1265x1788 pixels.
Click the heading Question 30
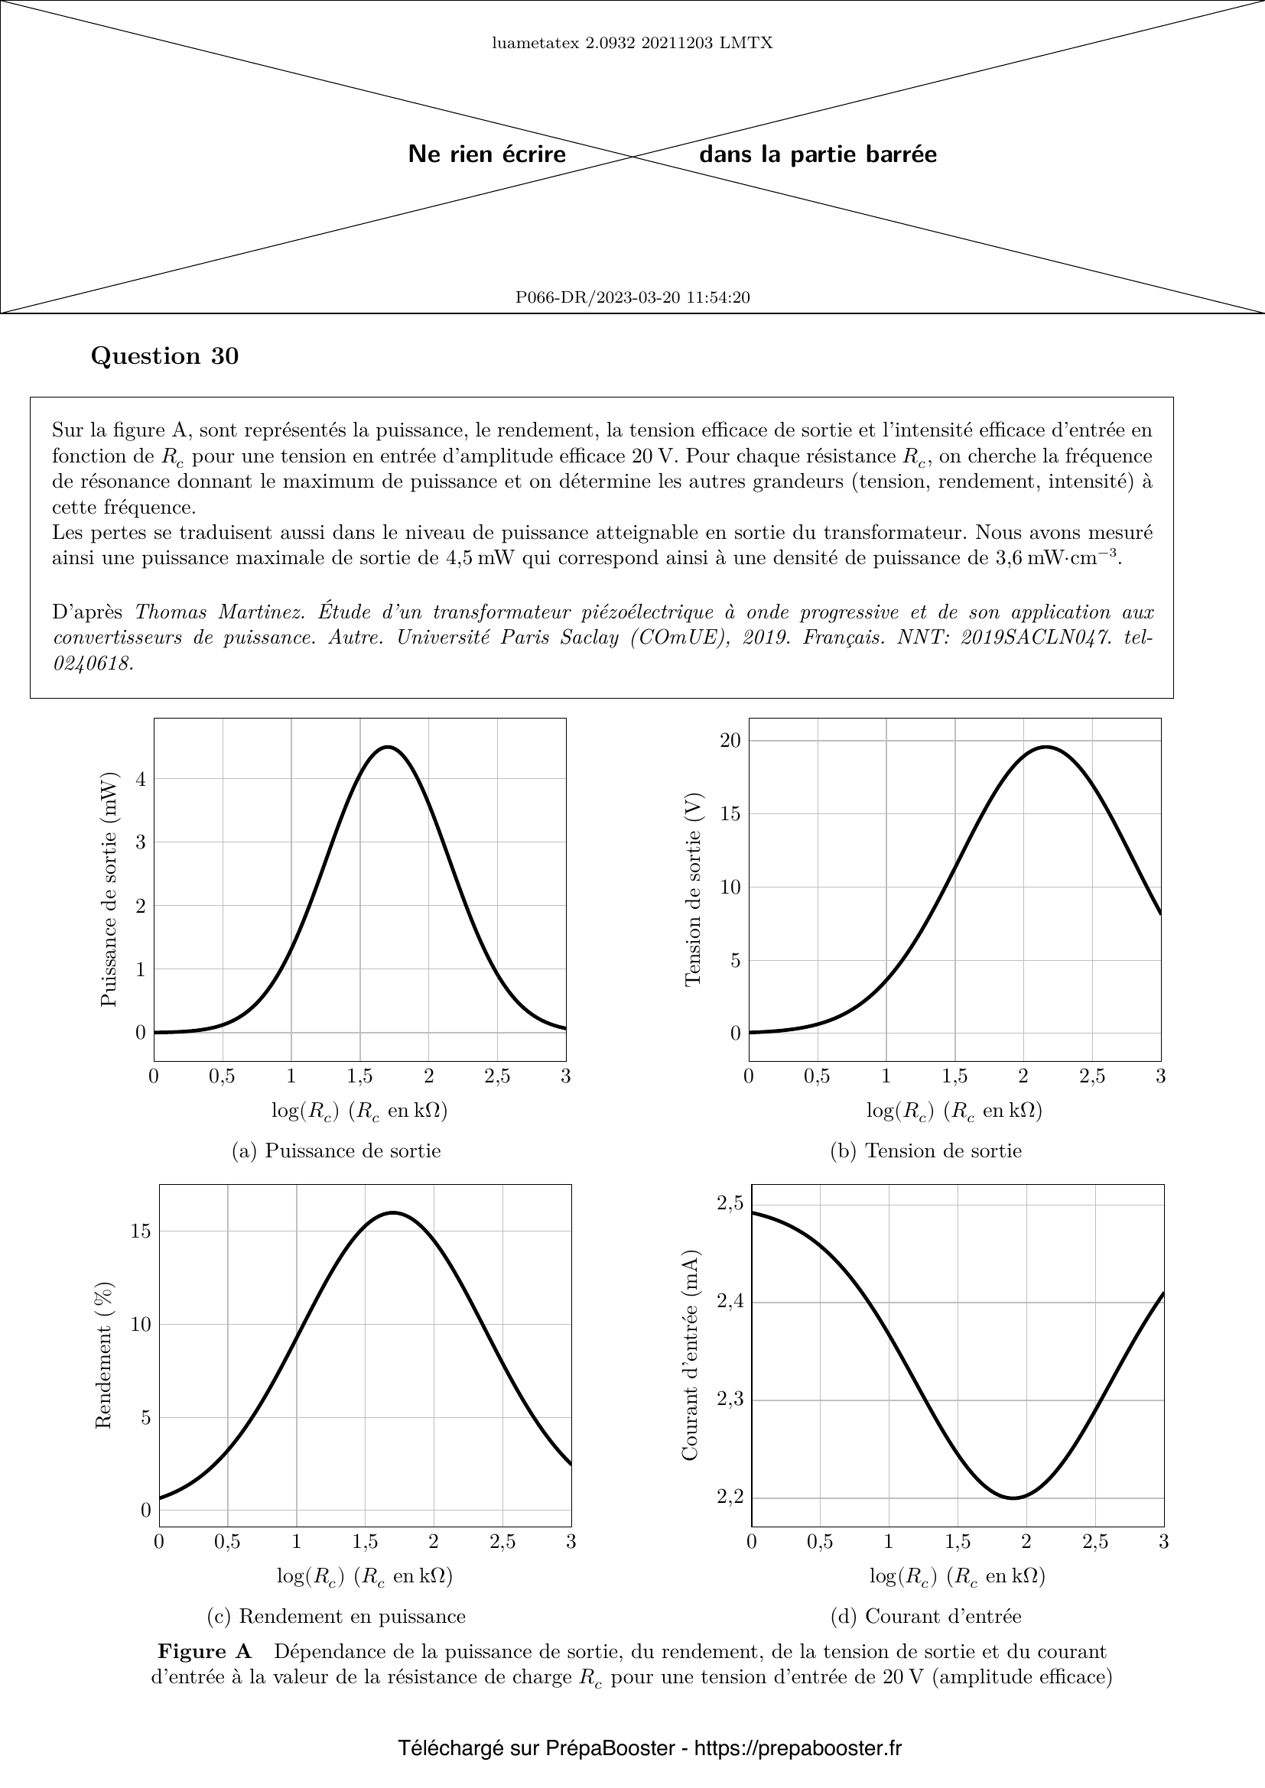(164, 356)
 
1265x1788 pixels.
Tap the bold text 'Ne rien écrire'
(487, 154)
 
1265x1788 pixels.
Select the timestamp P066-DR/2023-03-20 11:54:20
(632, 297)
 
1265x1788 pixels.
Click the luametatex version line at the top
(632, 43)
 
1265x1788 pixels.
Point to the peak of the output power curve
(388, 747)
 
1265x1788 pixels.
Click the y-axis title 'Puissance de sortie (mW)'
(109, 888)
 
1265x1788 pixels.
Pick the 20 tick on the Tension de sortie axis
(730, 740)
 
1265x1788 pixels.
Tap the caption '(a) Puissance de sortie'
(337, 1150)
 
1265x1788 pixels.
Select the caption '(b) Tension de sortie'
(926, 1150)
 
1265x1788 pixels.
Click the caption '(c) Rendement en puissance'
(337, 1616)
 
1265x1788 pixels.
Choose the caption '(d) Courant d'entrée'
(926, 1616)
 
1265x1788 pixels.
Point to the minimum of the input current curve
(1013, 1498)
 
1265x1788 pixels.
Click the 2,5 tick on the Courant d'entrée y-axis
(730, 1203)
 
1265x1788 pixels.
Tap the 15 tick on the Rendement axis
(141, 1231)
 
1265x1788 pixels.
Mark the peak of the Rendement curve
(393, 1212)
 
